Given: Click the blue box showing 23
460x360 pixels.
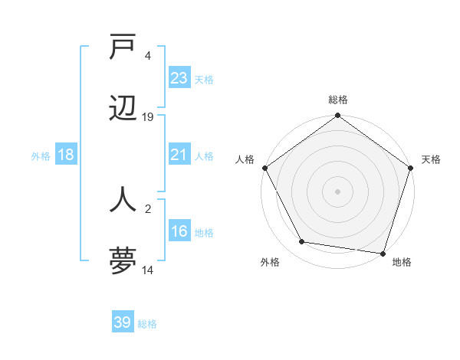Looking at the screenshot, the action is click(x=179, y=78).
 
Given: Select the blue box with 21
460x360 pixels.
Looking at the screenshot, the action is click(x=179, y=155).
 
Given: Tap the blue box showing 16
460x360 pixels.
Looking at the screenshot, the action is click(x=179, y=231).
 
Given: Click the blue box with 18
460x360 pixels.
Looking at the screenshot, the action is click(x=66, y=155).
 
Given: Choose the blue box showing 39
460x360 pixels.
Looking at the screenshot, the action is click(x=123, y=322).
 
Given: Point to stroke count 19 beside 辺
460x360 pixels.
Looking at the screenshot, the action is click(x=148, y=117).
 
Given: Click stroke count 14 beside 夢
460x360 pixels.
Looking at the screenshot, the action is click(x=148, y=270).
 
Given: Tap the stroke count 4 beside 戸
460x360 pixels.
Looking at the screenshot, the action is click(x=148, y=55).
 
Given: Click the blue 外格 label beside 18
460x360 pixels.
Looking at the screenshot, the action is click(x=41, y=155).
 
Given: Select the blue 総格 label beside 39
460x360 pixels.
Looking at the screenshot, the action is click(x=147, y=324).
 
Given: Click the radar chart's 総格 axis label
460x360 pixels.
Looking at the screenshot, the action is click(x=337, y=100).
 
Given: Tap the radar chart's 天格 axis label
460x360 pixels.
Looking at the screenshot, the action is click(x=432, y=159).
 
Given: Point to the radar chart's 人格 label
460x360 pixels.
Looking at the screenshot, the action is click(x=245, y=159).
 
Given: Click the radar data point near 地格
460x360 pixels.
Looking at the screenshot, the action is click(x=383, y=253).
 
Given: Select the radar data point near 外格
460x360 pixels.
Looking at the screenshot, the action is click(x=302, y=242).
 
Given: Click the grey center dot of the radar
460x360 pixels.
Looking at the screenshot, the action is click(x=337, y=191).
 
